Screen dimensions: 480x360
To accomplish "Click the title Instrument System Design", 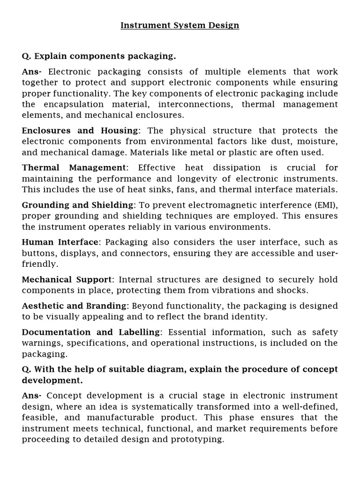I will tap(180, 25).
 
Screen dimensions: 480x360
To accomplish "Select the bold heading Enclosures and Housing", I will tap(80, 130).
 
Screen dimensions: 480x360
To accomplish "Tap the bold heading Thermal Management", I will tap(74, 168).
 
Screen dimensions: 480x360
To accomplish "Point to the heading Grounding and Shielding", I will tap(78, 205).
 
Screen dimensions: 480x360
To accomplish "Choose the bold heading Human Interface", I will tap(60, 242).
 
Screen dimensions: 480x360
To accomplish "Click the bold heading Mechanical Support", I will tap(67, 279).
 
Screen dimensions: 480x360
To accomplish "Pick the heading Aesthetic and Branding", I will tap(75, 306).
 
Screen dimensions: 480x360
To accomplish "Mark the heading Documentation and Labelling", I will tap(91, 332).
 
